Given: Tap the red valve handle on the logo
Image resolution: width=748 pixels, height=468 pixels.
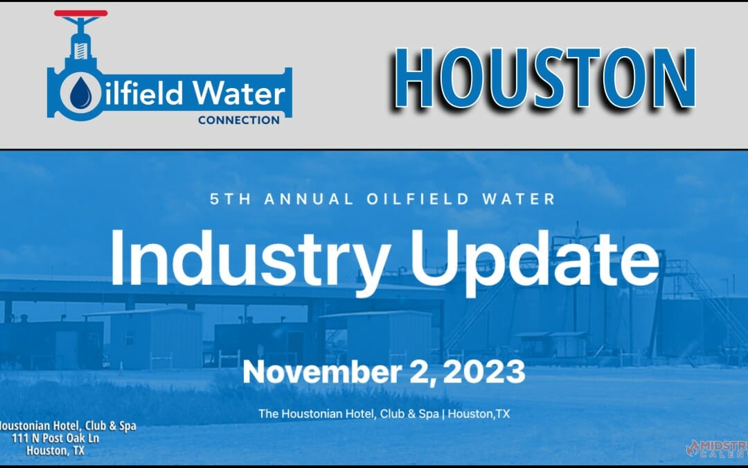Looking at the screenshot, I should point(80,13).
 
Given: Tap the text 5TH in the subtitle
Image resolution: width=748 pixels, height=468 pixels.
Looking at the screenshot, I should point(229,200).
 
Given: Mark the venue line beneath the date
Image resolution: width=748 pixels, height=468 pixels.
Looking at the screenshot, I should point(384,413).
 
